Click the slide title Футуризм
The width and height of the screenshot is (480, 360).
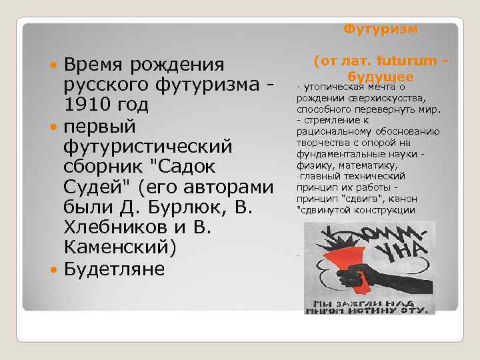pyautogui.click(x=381, y=29)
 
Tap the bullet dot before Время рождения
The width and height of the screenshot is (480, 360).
pyautogui.click(x=53, y=65)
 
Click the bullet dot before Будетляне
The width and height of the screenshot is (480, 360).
pyautogui.click(x=53, y=270)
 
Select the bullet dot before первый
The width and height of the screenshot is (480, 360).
pyautogui.click(x=53, y=127)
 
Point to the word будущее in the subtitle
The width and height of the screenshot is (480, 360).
pyautogui.click(x=381, y=76)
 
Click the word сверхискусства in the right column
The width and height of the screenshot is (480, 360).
pyautogui.click(x=374, y=98)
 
